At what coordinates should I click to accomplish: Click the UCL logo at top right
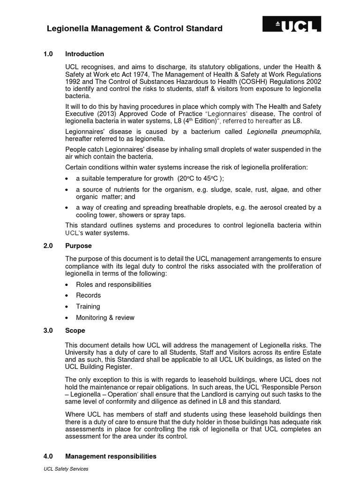point(292,24)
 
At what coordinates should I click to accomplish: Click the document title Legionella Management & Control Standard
point(135,29)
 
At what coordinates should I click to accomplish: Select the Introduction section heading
point(84,54)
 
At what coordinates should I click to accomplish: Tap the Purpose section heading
point(78,246)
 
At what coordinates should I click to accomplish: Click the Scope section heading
point(75,330)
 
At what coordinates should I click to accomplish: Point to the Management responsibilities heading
point(111,456)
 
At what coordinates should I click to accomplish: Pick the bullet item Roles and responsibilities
point(113,285)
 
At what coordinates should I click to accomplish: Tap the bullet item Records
point(88,295)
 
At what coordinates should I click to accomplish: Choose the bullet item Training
point(88,307)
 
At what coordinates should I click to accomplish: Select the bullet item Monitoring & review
point(105,317)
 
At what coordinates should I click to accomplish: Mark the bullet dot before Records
point(68,296)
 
